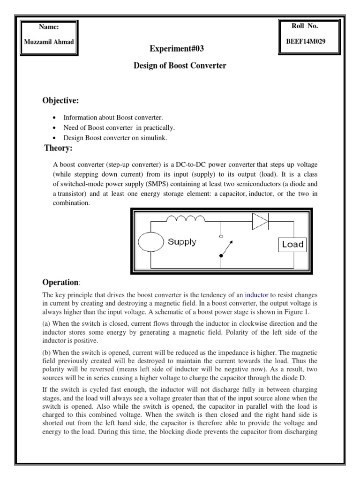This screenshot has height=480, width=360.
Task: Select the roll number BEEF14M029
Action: [x=306, y=41]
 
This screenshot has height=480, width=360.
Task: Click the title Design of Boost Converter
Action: [x=180, y=66]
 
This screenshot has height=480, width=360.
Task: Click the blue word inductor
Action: [x=258, y=295]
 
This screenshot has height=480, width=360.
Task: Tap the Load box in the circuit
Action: [x=292, y=244]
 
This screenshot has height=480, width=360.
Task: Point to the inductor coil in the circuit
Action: [x=186, y=219]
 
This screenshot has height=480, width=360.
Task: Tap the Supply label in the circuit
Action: [x=182, y=242]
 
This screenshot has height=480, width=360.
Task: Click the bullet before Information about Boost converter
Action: [x=56, y=117]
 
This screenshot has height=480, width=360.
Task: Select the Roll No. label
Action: [x=305, y=26]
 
